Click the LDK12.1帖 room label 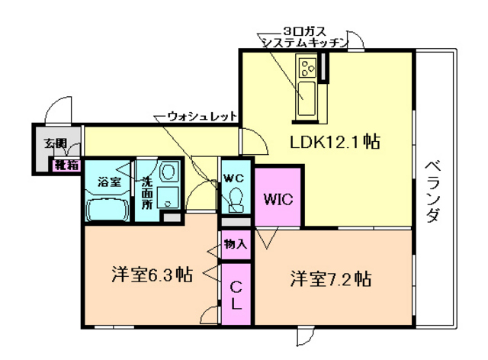334,142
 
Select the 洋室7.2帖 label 329,278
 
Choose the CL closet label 236,295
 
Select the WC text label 233,178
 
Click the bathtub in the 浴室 108,209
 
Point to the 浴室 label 109,182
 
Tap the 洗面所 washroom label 146,194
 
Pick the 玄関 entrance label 54,143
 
